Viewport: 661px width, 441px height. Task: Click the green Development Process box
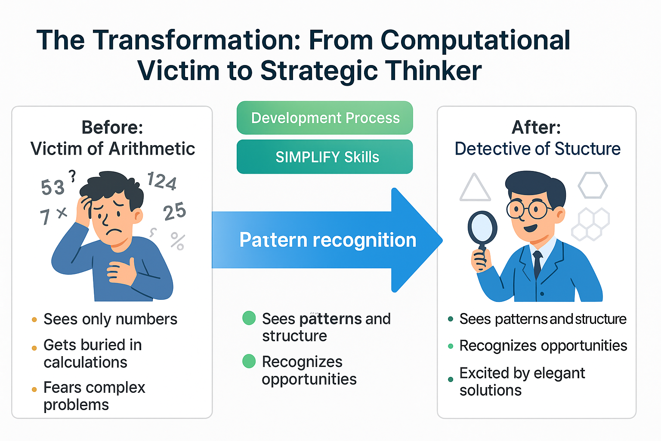tap(325, 118)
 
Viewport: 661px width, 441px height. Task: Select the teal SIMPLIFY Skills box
tap(325, 157)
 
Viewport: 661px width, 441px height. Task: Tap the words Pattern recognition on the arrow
tap(327, 240)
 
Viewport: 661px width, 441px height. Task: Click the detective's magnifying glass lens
tap(482, 227)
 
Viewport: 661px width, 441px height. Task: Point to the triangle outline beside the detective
tap(475, 189)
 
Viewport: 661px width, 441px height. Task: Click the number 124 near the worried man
tap(162, 181)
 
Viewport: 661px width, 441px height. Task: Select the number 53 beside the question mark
tap(53, 187)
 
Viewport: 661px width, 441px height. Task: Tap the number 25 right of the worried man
tap(174, 212)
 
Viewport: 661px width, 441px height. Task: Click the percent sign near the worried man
tap(177, 241)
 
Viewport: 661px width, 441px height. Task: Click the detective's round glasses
tap(529, 210)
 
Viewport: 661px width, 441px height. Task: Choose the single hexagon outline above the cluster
tap(593, 185)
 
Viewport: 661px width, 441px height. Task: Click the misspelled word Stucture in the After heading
tap(587, 149)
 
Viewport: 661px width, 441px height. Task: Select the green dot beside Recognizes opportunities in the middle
tap(249, 361)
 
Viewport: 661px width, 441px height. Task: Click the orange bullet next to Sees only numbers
tap(34, 320)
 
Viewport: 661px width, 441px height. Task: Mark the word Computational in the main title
tap(476, 40)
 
